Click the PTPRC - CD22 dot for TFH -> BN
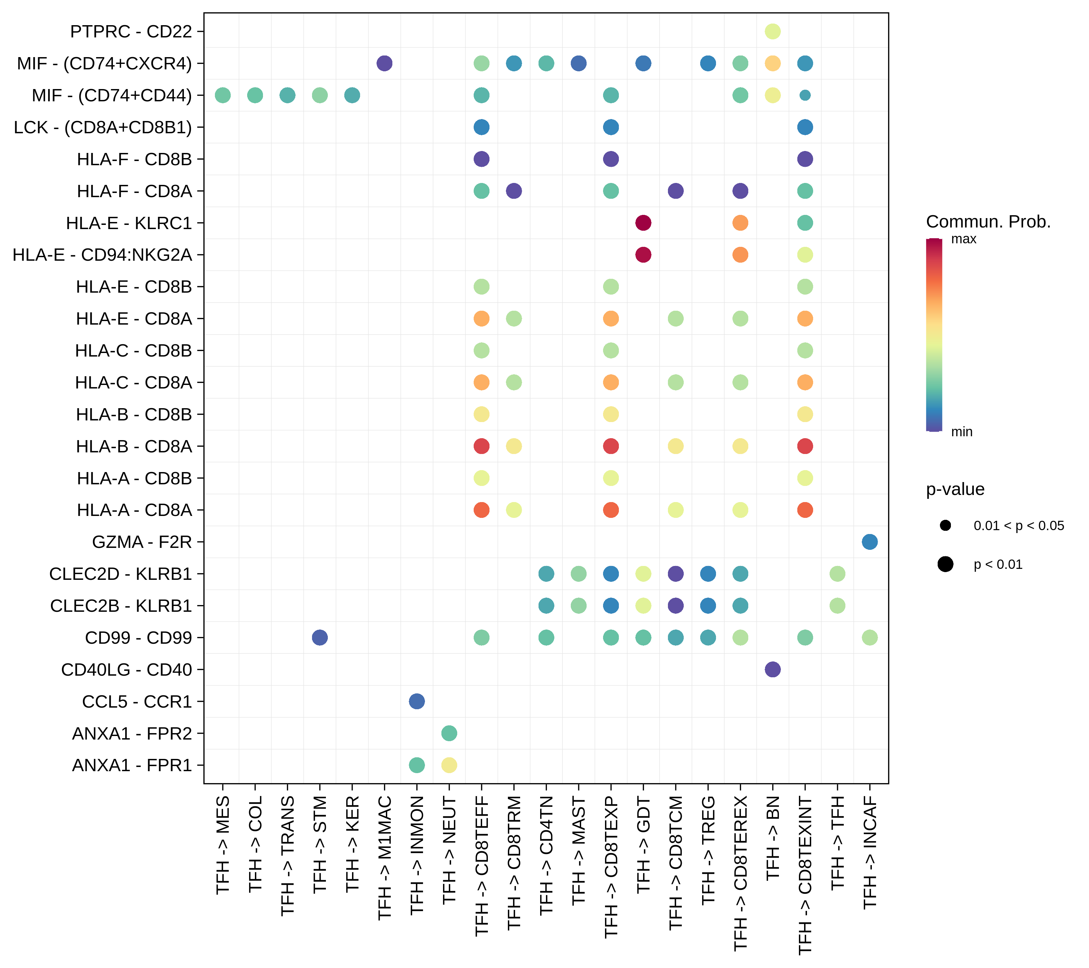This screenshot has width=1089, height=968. [772, 31]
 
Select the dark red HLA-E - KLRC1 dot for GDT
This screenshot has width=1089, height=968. [643, 223]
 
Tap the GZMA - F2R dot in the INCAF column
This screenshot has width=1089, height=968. [870, 542]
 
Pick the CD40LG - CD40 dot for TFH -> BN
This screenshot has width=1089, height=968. [772, 669]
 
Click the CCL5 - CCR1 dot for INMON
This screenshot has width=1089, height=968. [417, 701]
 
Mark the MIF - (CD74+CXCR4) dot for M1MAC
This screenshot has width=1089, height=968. [384, 63]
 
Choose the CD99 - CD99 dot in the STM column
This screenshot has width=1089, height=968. [320, 637]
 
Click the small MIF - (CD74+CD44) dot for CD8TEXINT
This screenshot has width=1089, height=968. [805, 96]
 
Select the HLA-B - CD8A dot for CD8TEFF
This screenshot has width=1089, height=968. [481, 446]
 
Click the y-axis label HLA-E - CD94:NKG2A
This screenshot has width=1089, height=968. [102, 255]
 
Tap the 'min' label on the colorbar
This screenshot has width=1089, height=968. [962, 431]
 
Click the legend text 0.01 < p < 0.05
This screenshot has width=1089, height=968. [1018, 526]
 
